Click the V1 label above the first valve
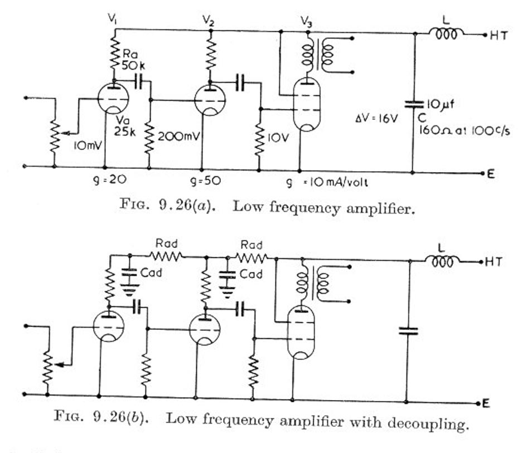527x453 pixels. point(113,20)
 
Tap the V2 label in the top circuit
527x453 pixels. point(209,21)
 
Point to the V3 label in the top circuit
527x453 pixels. point(306,22)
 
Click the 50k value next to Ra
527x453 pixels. point(133,66)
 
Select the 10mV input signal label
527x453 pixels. point(88,145)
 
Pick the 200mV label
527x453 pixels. point(179,137)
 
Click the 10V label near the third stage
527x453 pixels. point(278,138)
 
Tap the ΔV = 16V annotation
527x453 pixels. point(377,119)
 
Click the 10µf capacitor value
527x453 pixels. point(441,104)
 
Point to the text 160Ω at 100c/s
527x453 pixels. point(464,130)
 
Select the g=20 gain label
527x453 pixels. point(110,180)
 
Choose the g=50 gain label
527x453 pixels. point(205,181)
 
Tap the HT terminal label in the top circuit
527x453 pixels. point(498,35)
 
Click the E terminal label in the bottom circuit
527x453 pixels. point(486,403)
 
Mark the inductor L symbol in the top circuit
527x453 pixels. point(446,33)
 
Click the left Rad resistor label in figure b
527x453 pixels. point(167,243)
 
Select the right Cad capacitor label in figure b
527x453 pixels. point(251,274)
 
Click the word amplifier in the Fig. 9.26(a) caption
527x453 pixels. point(380,208)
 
